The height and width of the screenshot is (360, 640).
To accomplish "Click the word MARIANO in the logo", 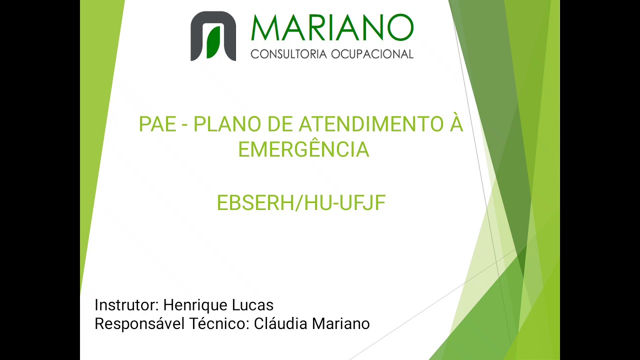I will click(332, 28).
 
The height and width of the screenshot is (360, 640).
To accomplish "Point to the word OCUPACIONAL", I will click(372, 54).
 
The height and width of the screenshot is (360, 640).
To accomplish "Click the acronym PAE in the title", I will click(157, 124).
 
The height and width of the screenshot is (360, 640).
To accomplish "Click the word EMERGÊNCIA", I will click(303, 149).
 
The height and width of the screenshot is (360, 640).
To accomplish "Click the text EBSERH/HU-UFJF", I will click(301, 203).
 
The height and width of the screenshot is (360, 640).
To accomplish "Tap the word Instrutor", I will click(126, 305).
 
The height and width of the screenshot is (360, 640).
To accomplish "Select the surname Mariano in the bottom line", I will click(341, 324).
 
